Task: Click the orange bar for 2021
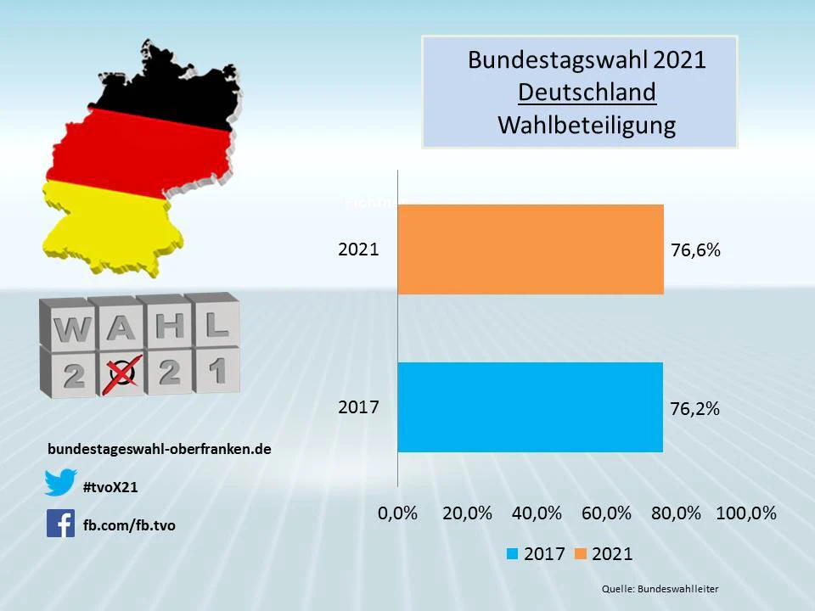[531, 249]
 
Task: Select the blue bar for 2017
[530, 407]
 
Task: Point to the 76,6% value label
[695, 250]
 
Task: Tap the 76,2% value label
[694, 408]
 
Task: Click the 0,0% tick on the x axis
[397, 513]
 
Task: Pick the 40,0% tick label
[537, 513]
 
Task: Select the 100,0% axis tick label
[746, 513]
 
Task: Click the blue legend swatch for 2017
[513, 554]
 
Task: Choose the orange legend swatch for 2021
[581, 554]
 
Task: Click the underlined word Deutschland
[587, 92]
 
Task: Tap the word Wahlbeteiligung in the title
[587, 125]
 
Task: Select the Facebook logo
[61, 524]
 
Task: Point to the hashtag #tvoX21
[110, 486]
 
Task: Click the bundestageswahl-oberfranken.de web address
[160, 449]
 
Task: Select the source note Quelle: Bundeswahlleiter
[660, 589]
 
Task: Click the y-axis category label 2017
[358, 407]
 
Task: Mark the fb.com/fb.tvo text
[129, 525]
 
